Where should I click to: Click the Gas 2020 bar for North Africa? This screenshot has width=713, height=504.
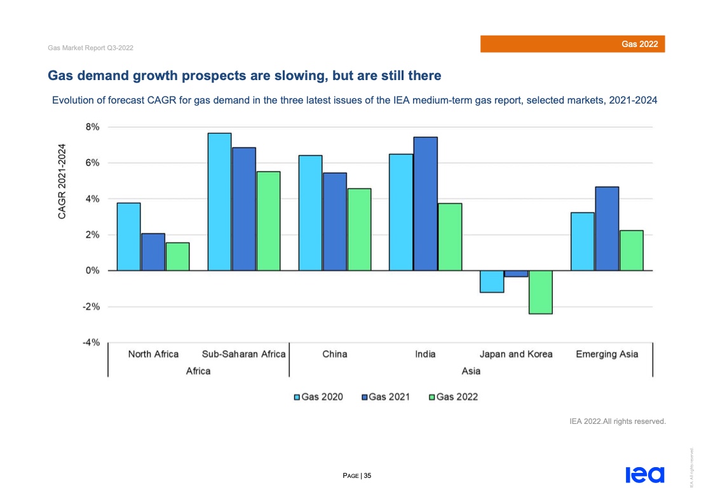pos(128,236)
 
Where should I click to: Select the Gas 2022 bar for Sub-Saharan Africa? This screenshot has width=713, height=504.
pos(268,221)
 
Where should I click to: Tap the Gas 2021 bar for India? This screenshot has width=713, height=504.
pos(425,203)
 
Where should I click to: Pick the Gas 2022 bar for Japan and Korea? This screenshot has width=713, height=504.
pos(540,292)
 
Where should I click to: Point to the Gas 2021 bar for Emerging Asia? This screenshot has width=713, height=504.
pos(607,229)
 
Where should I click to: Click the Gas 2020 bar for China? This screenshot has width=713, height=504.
pos(311,213)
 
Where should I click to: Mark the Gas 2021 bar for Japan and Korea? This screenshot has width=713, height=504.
pos(516,274)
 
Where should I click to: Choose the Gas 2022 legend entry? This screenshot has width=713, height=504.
pos(454,397)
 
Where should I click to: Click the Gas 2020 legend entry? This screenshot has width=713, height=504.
pos(318,397)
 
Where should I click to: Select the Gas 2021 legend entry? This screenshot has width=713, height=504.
pos(386,397)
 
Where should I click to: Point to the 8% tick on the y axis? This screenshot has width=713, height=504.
pos(92,127)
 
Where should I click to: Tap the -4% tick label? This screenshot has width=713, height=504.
pos(92,343)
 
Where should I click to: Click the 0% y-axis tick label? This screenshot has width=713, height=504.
pos(92,271)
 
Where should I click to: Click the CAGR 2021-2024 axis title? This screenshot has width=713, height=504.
pos(62,181)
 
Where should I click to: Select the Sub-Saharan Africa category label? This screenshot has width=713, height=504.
pos(243,354)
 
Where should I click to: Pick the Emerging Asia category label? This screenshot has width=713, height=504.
pos(607,354)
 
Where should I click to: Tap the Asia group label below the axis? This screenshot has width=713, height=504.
pos(471,371)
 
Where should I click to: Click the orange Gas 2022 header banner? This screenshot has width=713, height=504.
pos(572,44)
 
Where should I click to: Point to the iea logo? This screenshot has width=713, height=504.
pos(644,475)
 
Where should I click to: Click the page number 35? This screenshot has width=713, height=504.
pos(367,475)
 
